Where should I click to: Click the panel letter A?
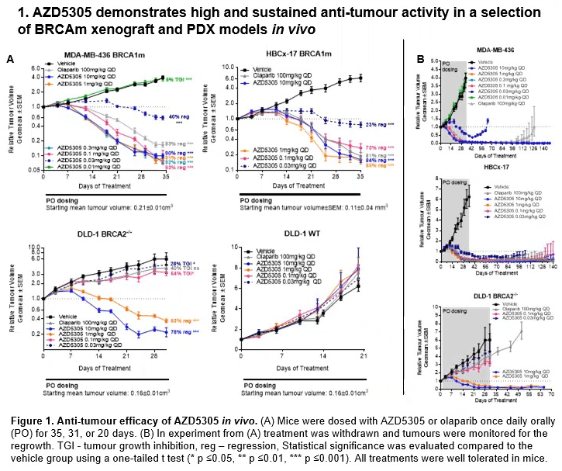click(x=10, y=59)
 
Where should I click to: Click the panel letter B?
click(x=420, y=59)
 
